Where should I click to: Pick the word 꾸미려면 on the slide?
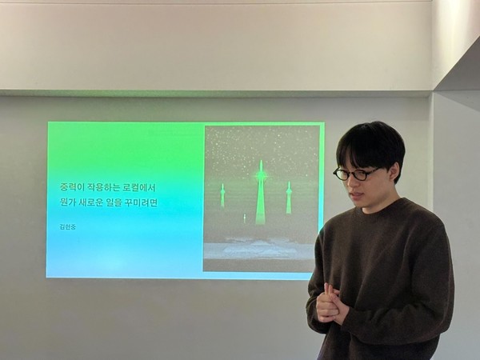click(x=142, y=203)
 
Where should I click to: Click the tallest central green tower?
click(x=260, y=200)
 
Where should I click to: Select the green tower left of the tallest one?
click(x=222, y=197)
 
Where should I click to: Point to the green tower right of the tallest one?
click(x=289, y=198)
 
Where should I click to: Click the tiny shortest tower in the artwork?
click(x=245, y=218)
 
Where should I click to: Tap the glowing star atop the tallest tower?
click(x=260, y=171)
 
